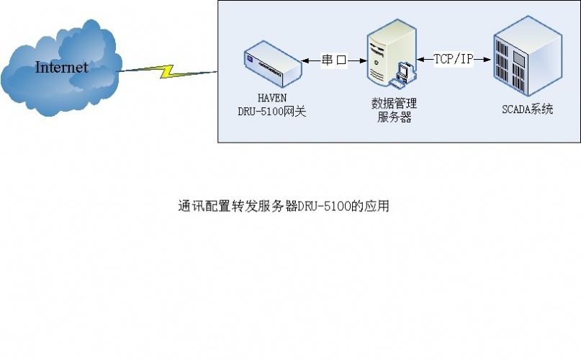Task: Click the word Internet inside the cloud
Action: [61, 67]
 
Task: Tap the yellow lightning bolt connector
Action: [168, 71]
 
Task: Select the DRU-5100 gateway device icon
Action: [273, 64]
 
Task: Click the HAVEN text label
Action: [272, 98]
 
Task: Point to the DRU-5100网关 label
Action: [272, 111]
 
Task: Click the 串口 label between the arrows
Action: [334, 60]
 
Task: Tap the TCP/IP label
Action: [454, 58]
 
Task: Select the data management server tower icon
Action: [391, 53]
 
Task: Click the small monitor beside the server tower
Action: [405, 72]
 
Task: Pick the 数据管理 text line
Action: [394, 103]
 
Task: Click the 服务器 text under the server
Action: [395, 117]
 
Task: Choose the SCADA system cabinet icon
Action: [528, 56]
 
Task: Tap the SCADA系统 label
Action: [527, 109]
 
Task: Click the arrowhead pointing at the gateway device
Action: [305, 60]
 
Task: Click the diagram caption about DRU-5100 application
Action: [284, 206]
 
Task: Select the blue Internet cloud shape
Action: [61, 68]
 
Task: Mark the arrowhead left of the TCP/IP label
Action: [421, 59]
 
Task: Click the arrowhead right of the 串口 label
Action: [363, 60]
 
